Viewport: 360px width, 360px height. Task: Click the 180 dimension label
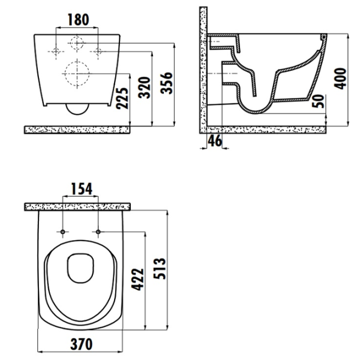[x=78, y=20]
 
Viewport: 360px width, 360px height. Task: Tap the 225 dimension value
[x=122, y=98]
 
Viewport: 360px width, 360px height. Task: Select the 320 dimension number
[x=145, y=88]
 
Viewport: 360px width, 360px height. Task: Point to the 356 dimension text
[x=166, y=83]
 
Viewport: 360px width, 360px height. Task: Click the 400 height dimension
[x=340, y=78]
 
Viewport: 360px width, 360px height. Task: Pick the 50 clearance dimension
[x=319, y=101]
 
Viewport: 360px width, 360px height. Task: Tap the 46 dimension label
[x=215, y=140]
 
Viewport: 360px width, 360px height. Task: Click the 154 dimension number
[x=82, y=189]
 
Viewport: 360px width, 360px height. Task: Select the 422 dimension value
[x=137, y=280]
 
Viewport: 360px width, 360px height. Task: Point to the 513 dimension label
[x=160, y=269]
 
